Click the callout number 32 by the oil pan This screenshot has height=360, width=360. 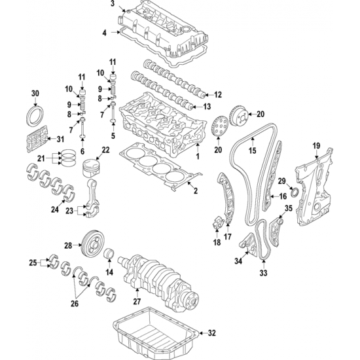[x=211, y=333]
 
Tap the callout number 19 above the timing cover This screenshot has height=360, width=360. [x=316, y=145]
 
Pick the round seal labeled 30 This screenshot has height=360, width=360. [x=35, y=115]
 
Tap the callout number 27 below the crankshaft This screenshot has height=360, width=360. [x=137, y=301]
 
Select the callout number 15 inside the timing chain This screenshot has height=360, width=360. [x=252, y=151]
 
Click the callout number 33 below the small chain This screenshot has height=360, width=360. [x=263, y=273]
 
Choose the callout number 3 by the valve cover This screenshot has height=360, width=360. [x=113, y=3]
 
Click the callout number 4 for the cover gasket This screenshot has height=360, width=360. [x=105, y=33]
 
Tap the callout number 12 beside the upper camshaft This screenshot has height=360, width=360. [x=218, y=95]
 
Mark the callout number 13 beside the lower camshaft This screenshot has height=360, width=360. [x=207, y=107]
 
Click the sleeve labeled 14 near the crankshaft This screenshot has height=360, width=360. [x=109, y=253]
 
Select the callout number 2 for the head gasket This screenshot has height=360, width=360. [x=196, y=190]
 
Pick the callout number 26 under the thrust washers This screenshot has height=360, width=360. [x=75, y=303]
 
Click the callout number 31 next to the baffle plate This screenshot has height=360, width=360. [x=60, y=139]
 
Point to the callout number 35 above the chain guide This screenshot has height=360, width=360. [x=289, y=208]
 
